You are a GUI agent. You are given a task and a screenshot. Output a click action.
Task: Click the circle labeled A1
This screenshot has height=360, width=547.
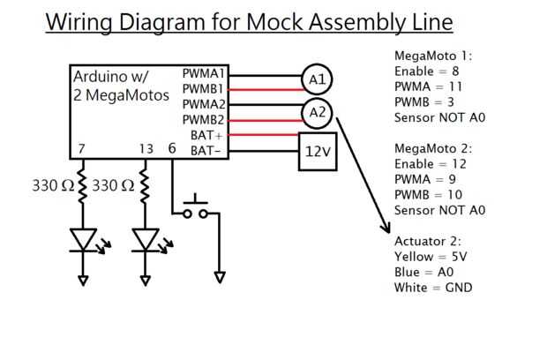pyautogui.click(x=317, y=80)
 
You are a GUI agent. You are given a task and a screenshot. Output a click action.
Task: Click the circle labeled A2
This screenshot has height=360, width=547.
pyautogui.click(x=317, y=112)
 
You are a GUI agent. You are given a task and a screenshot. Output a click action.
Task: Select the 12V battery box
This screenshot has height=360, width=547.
pyautogui.click(x=317, y=151)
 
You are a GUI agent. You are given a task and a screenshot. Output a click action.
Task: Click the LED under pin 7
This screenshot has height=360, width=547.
pyautogui.click(x=84, y=239)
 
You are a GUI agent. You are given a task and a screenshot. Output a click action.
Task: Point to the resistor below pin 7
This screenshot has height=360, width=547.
pyautogui.click(x=83, y=186)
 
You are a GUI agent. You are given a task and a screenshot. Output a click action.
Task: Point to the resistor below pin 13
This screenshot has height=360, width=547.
pyautogui.click(x=145, y=186)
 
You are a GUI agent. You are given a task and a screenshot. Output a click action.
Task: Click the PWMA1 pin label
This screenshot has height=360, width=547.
pyautogui.click(x=204, y=73)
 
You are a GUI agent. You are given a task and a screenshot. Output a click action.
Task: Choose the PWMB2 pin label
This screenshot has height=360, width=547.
pyautogui.click(x=204, y=120)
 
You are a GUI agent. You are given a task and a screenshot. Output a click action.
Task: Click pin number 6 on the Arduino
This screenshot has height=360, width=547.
pyautogui.click(x=172, y=148)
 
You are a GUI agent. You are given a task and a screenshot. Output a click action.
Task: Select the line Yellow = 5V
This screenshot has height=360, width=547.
pyautogui.click(x=431, y=256)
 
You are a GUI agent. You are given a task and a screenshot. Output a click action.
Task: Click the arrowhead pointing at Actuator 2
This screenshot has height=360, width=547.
pyautogui.click(x=386, y=228)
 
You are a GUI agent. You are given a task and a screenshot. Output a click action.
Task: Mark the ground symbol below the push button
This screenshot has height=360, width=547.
pyautogui.click(x=220, y=278)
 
